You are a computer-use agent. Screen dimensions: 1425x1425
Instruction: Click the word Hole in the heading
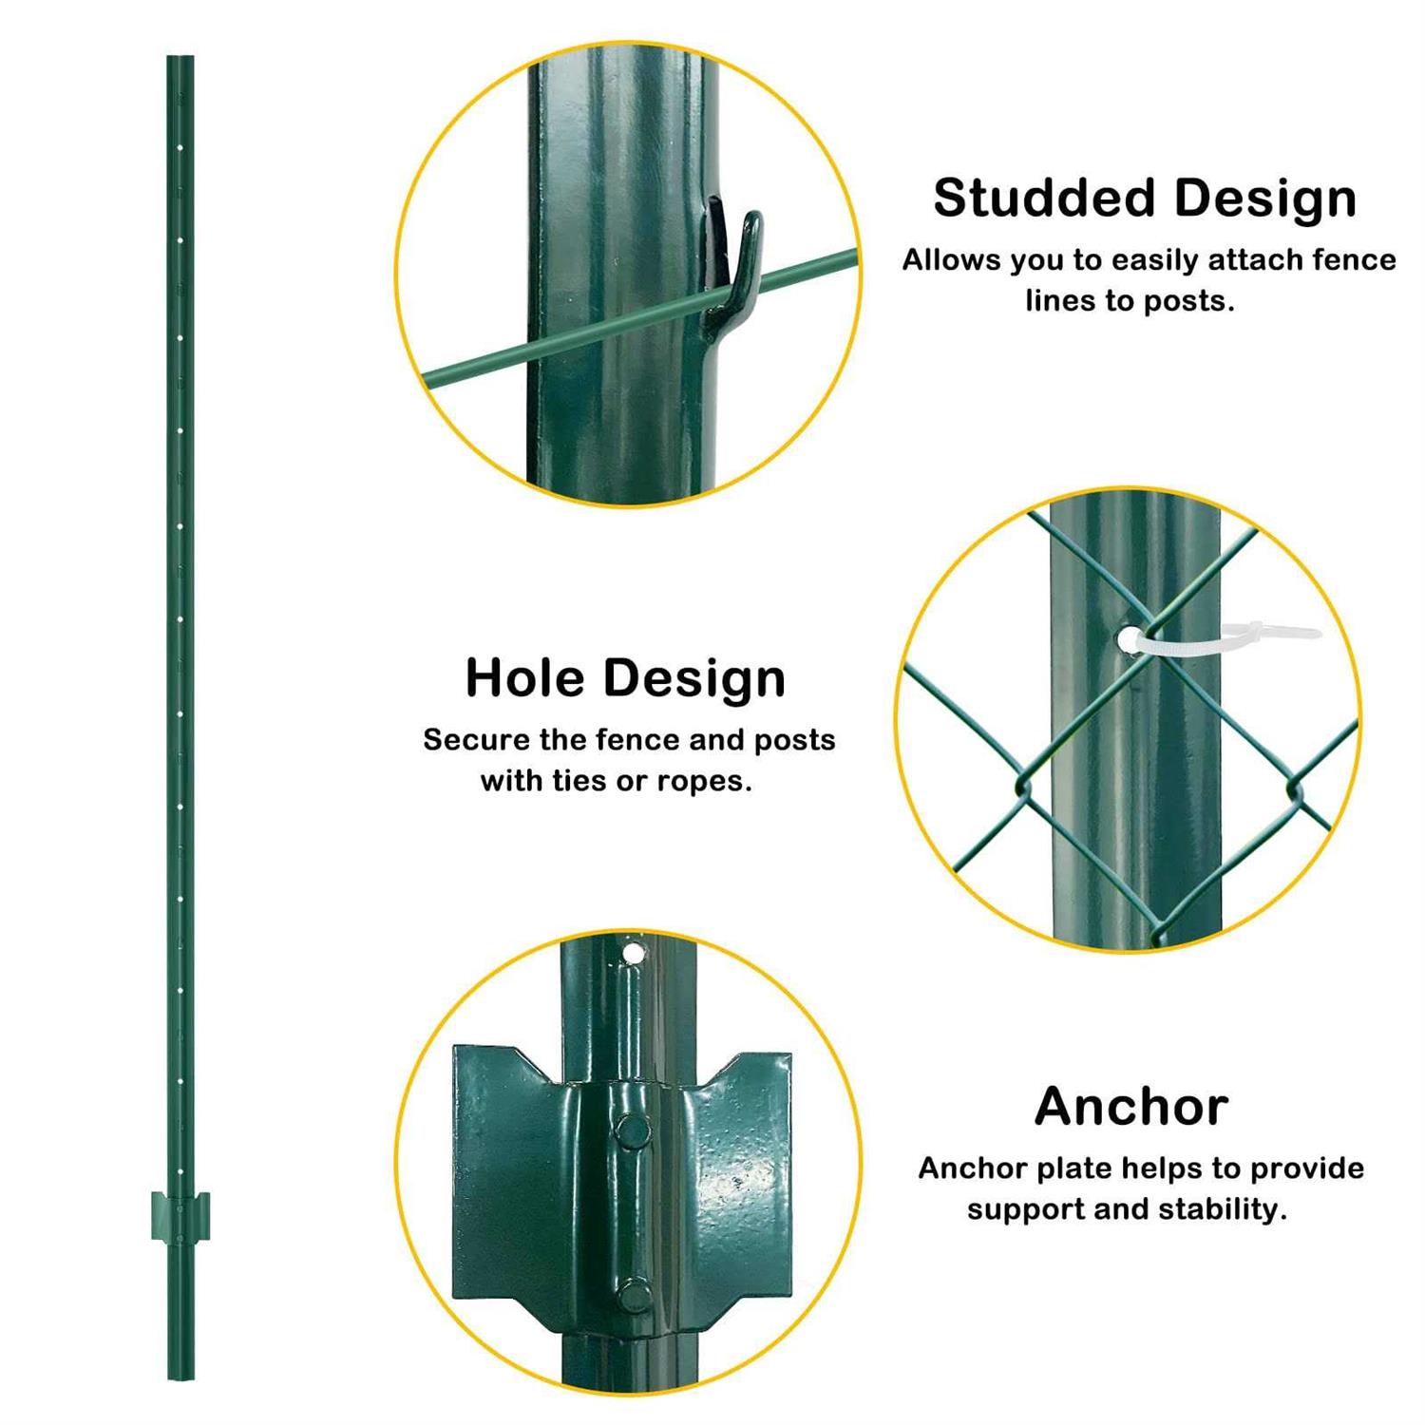coord(525,678)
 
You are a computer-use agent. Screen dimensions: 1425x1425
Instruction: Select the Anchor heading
coord(1130,1107)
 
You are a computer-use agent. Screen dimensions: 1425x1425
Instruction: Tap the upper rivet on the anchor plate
coord(632,1130)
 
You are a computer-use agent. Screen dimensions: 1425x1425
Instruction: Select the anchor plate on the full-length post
coord(180,1216)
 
